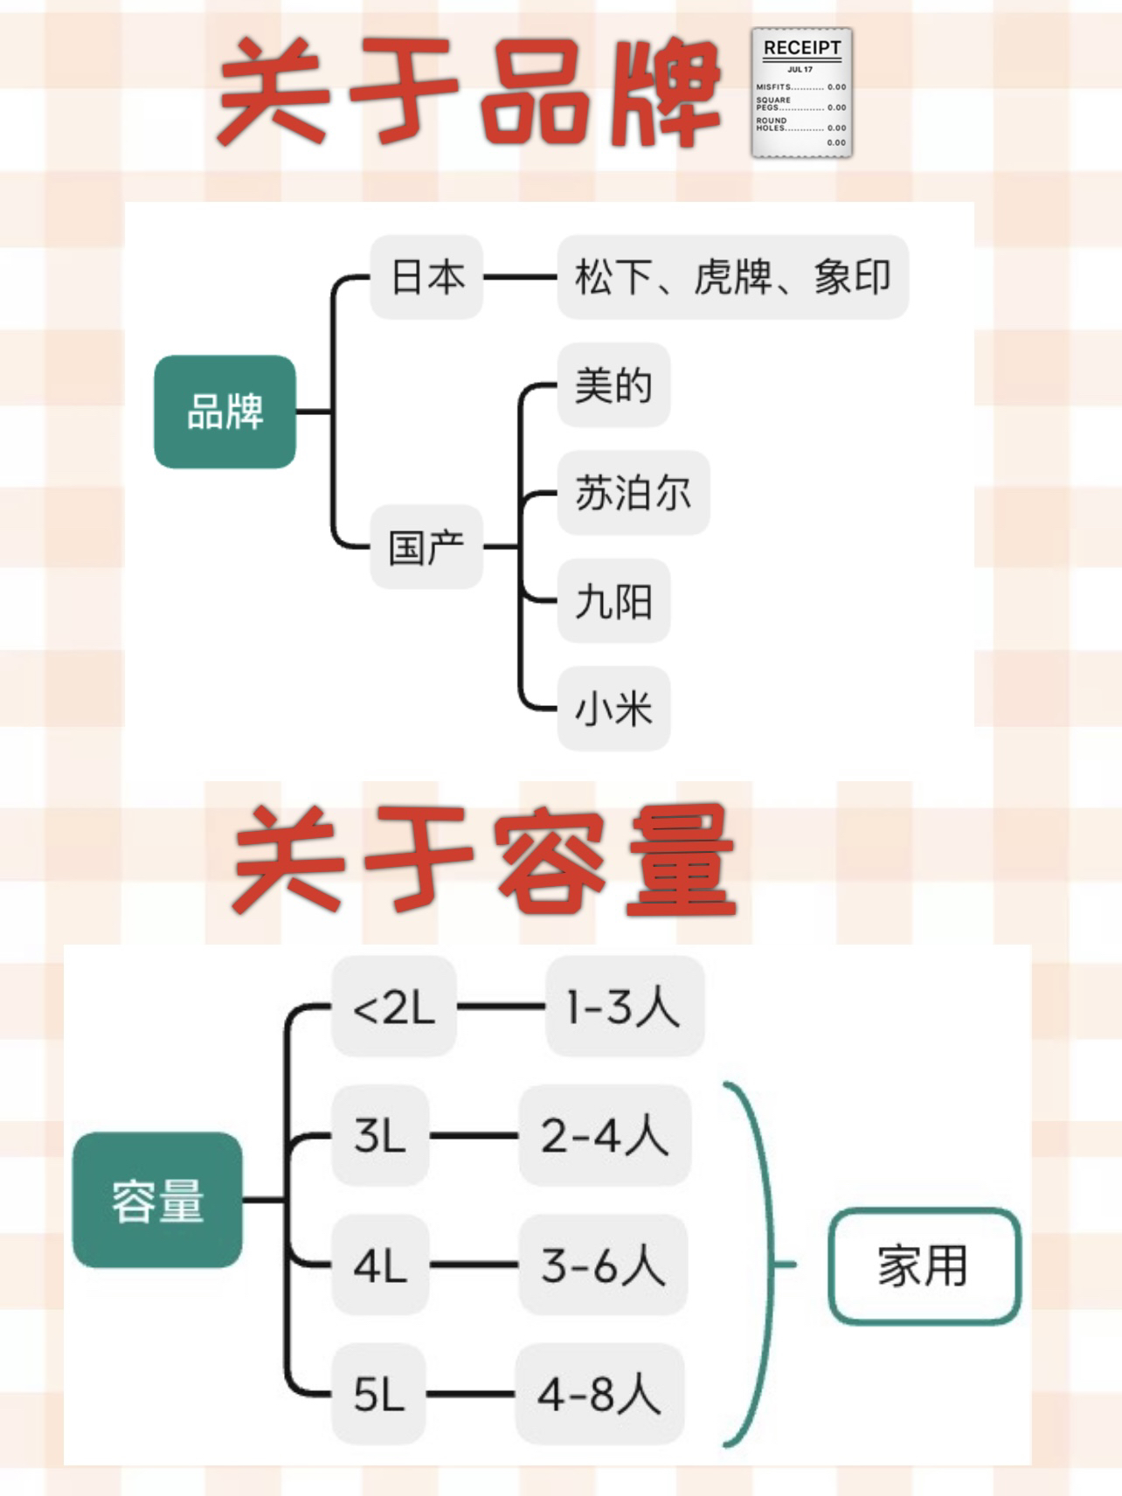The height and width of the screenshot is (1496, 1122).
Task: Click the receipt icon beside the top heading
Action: pos(801,93)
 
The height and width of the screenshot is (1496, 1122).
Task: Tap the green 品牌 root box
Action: pos(225,412)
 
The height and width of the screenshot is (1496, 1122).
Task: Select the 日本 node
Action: pos(426,277)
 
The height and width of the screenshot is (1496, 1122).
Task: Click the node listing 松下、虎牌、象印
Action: pos(732,277)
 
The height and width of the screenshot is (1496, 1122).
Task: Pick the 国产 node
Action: pos(426,547)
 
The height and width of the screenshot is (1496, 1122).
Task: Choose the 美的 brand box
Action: pos(613,385)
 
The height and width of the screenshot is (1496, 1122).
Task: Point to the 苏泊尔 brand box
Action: pos(633,493)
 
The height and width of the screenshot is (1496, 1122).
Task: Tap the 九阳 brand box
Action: pos(613,601)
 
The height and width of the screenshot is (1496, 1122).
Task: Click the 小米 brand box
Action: pos(613,709)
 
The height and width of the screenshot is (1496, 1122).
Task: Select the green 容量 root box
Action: pos(157,1200)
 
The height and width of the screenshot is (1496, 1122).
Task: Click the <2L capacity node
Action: pos(394,1007)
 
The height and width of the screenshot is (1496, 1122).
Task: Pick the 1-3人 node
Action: pos(624,1007)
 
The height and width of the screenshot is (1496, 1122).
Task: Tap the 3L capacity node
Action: pos(380,1136)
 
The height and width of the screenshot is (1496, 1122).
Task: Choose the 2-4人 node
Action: pos(605,1136)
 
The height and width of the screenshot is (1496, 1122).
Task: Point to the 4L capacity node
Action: pos(380,1264)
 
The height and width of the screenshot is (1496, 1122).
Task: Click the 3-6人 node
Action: pos(603,1264)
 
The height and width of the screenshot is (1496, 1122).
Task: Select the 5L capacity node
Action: pos(379,1394)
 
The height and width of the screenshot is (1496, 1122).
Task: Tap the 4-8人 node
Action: pos(600,1394)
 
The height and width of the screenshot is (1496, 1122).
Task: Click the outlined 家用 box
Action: pos(924,1265)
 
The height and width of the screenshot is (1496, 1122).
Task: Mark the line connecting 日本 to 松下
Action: pos(520,277)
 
